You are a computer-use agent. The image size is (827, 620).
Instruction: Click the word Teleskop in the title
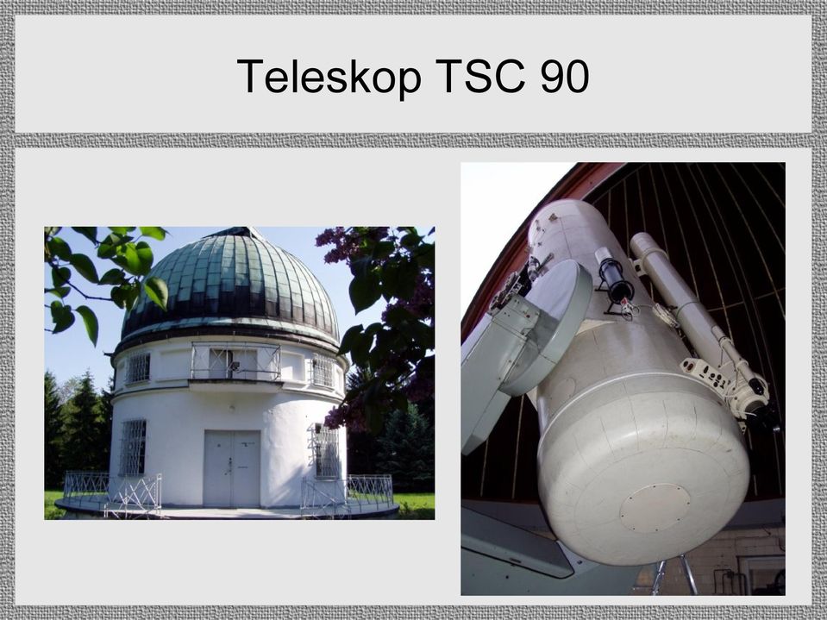(x=329, y=77)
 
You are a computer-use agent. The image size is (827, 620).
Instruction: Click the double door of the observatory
(x=232, y=468)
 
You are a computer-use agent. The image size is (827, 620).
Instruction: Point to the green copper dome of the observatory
(x=230, y=285)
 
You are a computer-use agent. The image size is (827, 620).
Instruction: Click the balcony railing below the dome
(x=235, y=361)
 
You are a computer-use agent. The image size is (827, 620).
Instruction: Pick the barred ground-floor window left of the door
(x=133, y=447)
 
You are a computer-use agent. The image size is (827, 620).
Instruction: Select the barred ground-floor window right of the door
(x=327, y=451)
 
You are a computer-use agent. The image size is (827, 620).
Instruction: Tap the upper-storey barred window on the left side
(x=138, y=368)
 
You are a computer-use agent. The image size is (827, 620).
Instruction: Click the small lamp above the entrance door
(x=231, y=408)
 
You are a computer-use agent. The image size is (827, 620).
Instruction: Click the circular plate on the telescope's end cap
(x=655, y=508)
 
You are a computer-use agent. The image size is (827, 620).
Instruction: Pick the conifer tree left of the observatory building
(x=79, y=427)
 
